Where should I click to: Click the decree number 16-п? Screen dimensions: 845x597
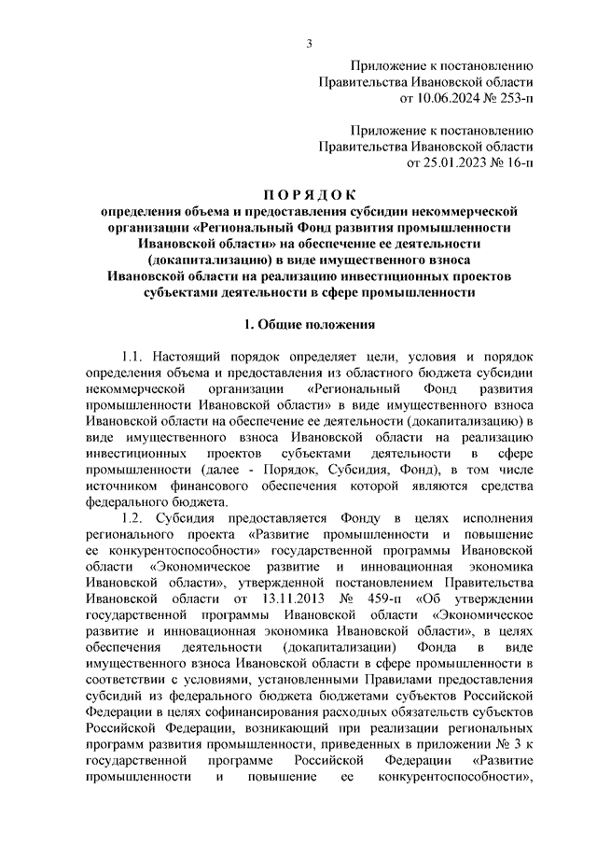[x=515, y=162]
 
